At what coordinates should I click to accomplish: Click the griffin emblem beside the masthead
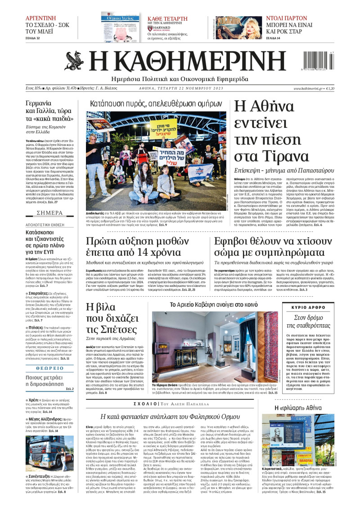coord(72,61)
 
